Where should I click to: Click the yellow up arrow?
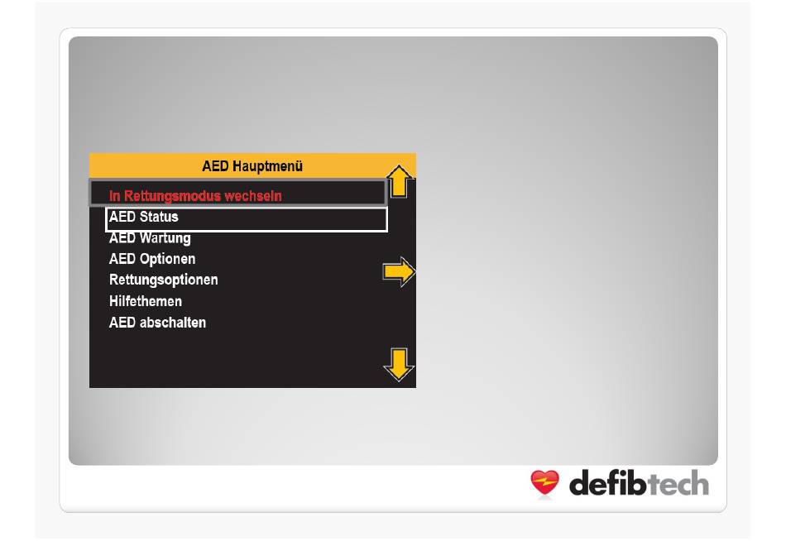tap(400, 181)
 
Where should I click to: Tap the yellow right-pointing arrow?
tap(399, 272)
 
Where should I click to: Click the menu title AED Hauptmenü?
tap(252, 166)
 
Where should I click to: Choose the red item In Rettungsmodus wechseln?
tap(195, 195)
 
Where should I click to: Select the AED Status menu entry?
tap(143, 217)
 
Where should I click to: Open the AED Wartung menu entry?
tap(150, 238)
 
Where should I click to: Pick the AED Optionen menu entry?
tap(152, 259)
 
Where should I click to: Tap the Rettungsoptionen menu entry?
tap(164, 280)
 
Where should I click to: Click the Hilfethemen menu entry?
tap(146, 301)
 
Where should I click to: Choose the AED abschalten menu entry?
tap(157, 323)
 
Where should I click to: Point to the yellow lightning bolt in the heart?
tap(545, 482)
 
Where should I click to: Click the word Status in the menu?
tap(158, 217)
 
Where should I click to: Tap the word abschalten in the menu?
tap(172, 323)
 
